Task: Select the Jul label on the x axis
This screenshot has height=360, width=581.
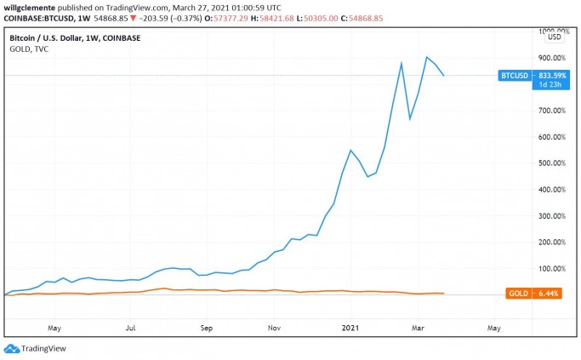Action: [x=131, y=326]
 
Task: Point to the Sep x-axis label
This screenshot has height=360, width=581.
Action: [x=206, y=326]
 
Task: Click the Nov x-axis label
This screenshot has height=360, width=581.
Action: [x=274, y=326]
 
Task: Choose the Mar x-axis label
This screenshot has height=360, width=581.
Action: [x=418, y=326]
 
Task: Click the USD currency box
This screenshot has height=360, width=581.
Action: [x=554, y=37]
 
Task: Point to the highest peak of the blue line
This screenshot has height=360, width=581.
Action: [x=426, y=57]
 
